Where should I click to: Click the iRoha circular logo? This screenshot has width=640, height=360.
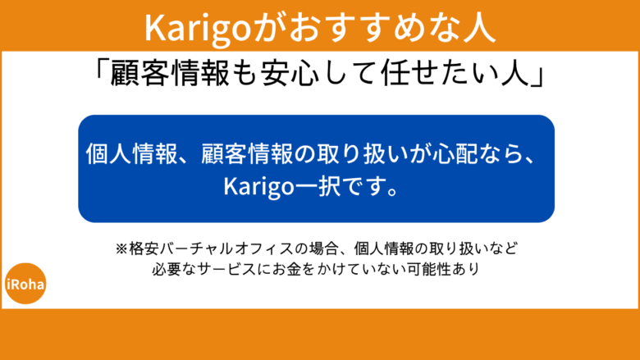coord(25,284)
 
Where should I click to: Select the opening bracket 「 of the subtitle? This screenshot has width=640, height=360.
coord(103,75)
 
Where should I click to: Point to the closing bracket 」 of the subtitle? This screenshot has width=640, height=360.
coord(538,75)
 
